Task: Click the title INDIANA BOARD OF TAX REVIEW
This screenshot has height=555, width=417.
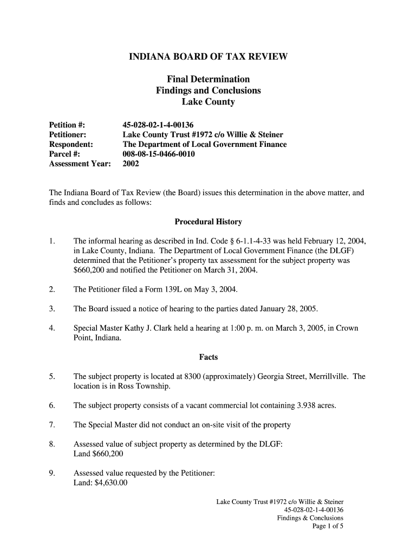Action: point(208,56)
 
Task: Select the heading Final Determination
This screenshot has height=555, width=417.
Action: point(208,79)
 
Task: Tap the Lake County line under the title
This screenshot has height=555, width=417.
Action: point(208,102)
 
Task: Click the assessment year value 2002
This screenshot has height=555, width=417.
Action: point(131,164)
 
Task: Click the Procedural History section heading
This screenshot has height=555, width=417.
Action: point(208,222)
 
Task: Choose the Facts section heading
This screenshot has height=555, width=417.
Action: point(208,357)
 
